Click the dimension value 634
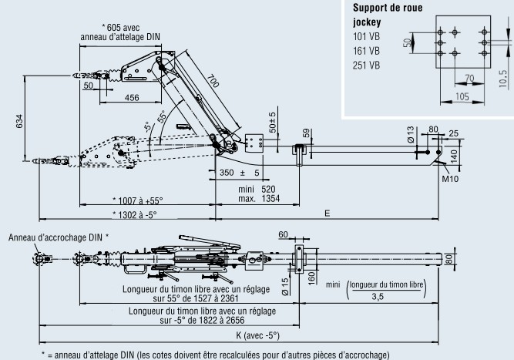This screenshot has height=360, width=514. click(x=18, y=122)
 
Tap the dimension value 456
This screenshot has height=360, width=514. click(x=131, y=97)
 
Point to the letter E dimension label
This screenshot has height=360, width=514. click(x=328, y=213)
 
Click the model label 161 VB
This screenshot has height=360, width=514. click(x=366, y=51)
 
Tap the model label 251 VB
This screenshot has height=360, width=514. click(x=366, y=65)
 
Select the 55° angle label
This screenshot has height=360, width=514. click(x=161, y=118)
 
